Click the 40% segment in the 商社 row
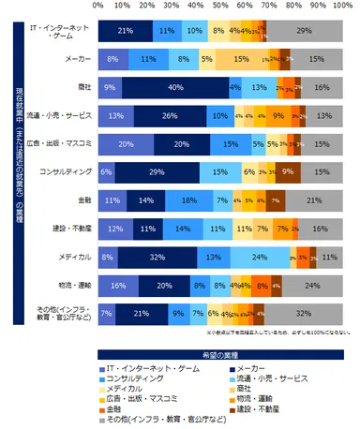[x=173, y=88]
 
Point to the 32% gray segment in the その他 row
[x=303, y=313]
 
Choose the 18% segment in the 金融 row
[x=187, y=200]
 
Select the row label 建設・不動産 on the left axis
[x=71, y=229]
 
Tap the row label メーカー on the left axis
[x=78, y=60]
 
